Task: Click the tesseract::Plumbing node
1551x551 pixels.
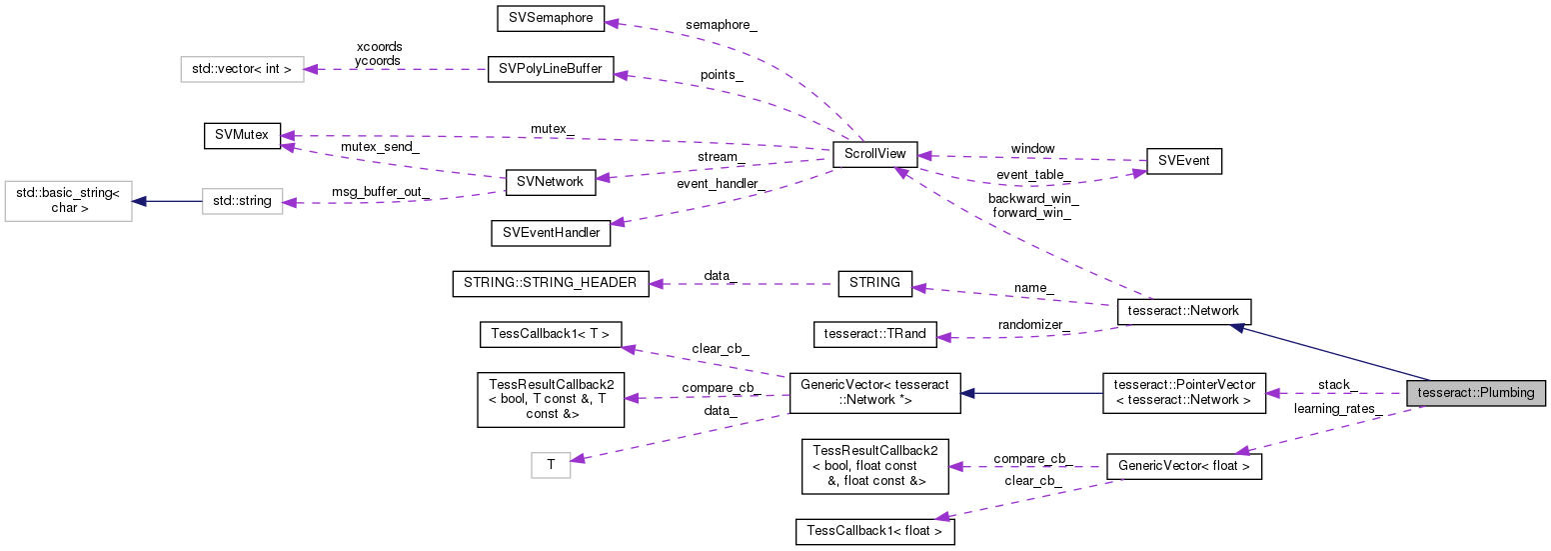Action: point(1475,393)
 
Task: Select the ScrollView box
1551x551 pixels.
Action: point(874,156)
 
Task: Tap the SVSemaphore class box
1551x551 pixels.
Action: point(552,18)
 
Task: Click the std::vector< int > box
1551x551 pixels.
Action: point(242,70)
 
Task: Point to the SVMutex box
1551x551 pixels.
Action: point(242,135)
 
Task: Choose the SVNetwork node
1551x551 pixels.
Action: point(551,182)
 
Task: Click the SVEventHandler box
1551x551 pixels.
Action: point(551,233)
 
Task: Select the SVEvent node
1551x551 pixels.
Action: point(1183,161)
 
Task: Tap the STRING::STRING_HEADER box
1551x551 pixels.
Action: point(551,283)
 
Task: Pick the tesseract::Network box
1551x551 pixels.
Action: point(1183,310)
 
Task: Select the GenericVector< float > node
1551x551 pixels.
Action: point(1183,466)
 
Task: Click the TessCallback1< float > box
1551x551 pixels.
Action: point(874,532)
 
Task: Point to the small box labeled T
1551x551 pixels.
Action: point(550,464)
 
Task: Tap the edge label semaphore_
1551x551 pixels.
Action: point(721,24)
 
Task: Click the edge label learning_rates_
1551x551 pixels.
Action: point(1337,408)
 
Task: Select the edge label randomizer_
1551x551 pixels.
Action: point(1033,325)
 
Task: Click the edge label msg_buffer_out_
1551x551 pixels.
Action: point(381,192)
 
